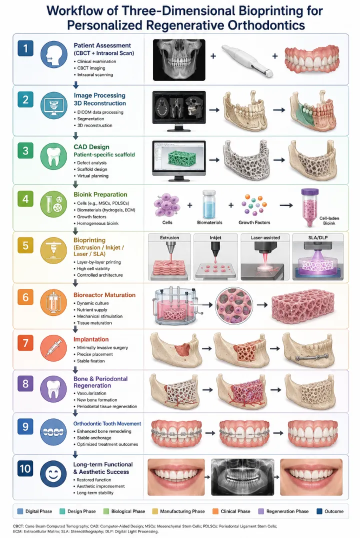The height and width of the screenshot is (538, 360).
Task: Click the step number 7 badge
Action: pos(25,343)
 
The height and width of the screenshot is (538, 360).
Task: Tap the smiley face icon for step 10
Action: pos(53,474)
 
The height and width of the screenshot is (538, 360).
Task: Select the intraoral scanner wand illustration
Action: pos(247,59)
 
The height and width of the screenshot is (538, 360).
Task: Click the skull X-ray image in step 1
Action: pos(179,59)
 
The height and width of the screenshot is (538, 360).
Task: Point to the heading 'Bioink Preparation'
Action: pos(100,194)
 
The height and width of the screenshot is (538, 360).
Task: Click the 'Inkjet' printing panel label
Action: pos(215,237)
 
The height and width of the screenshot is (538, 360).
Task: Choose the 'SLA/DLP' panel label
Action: pos(318,237)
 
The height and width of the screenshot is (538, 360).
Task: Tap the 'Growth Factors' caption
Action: pos(254,222)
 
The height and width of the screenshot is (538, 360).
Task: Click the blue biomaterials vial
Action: pos(209,205)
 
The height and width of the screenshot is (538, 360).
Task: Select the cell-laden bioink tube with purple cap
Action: pos(309,207)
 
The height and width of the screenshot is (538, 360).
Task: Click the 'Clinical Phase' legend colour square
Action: pos(215,511)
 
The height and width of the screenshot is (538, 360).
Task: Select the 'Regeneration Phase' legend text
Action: pos(287,511)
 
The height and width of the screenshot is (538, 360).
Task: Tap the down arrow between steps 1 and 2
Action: pos(76,84)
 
